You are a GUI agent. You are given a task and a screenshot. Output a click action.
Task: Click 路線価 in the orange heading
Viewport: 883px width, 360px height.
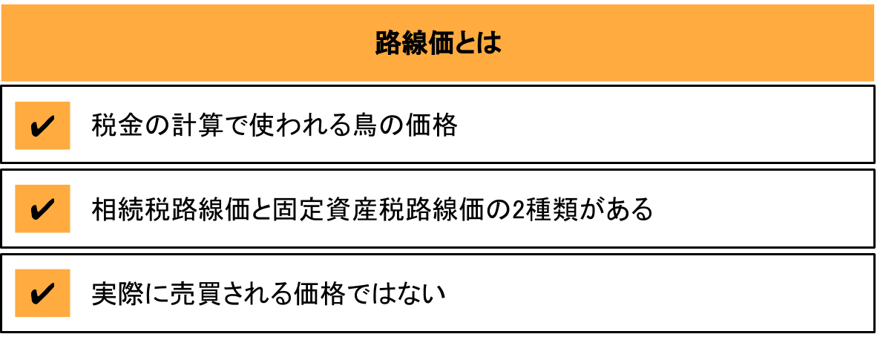(413, 43)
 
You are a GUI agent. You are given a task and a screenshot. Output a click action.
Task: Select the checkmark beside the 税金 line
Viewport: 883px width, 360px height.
(42, 125)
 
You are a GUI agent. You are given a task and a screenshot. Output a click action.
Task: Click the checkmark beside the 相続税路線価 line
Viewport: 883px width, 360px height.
(42, 209)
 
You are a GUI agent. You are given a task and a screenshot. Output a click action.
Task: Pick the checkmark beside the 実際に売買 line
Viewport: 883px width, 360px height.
(42, 293)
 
